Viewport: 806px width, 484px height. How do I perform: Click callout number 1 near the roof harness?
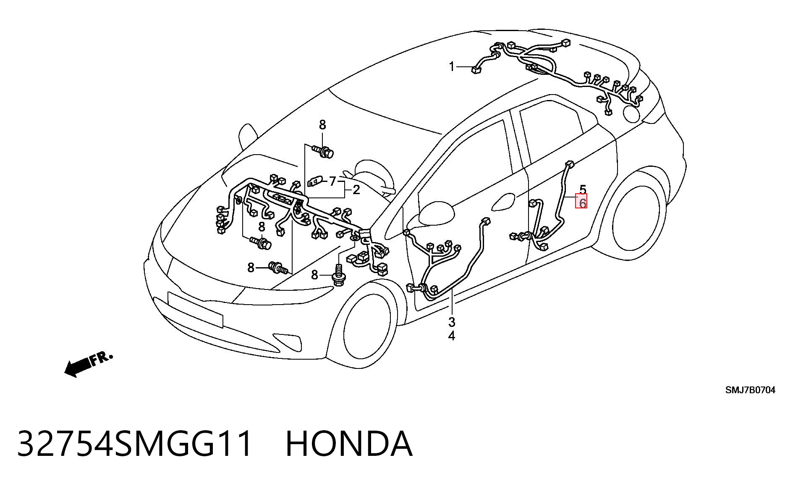452,67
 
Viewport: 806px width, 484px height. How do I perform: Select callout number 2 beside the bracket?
356,190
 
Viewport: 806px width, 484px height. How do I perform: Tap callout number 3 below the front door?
452,322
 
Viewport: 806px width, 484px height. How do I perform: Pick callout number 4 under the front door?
452,336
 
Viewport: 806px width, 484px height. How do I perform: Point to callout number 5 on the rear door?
583,189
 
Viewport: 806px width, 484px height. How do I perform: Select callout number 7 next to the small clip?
332,181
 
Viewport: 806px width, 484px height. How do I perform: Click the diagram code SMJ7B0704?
751,390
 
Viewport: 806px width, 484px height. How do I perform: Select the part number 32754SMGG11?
135,443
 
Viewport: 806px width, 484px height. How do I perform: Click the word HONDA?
349,443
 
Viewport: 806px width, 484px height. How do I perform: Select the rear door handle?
503,202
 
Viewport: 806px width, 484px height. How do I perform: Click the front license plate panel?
195,309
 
